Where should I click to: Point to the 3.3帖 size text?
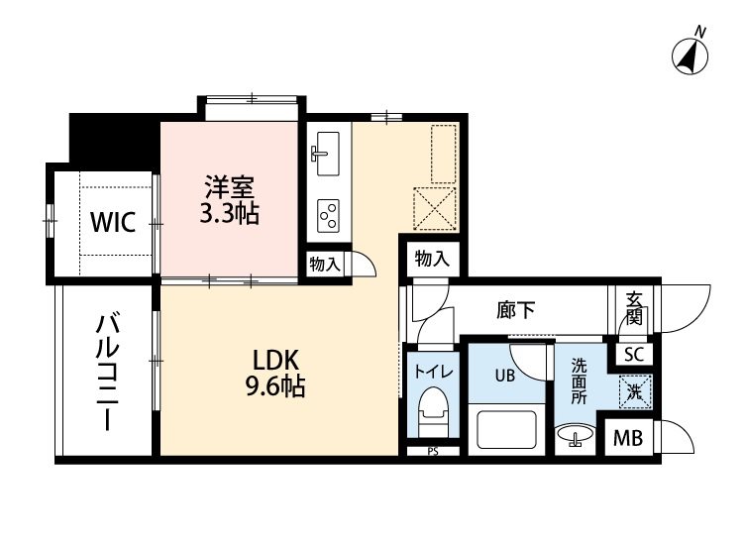click(x=230, y=214)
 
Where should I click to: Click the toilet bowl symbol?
click(x=431, y=408)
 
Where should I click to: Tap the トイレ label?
click(x=433, y=372)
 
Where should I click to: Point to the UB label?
click(x=504, y=375)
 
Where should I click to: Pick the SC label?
click(x=633, y=353)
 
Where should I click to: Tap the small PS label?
click(x=432, y=453)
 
